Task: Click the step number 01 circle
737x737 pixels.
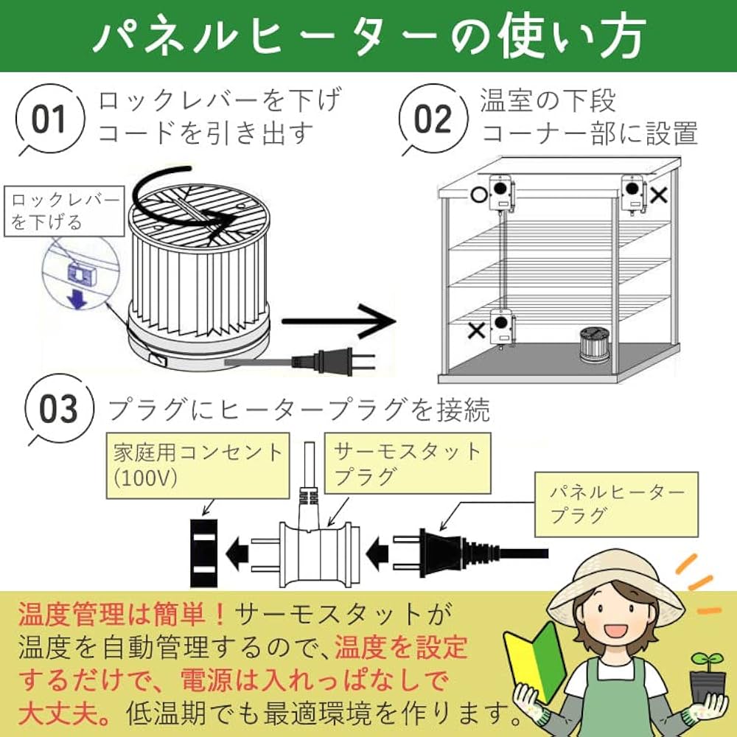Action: (49, 120)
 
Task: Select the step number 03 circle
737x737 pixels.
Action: (58, 409)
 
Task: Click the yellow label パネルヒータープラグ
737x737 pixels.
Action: (615, 503)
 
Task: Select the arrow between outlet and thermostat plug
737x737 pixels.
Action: (237, 550)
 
